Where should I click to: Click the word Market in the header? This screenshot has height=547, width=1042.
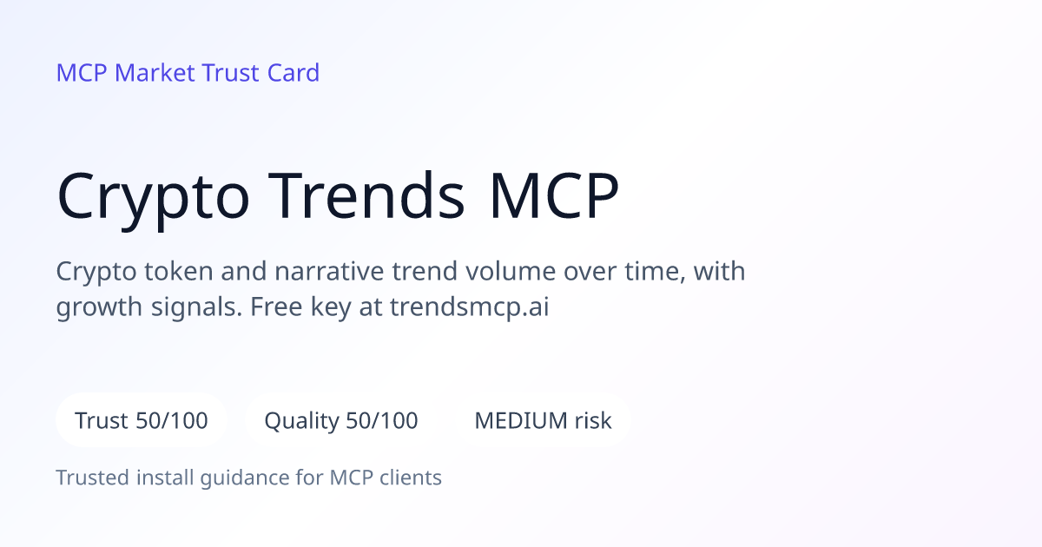pos(155,73)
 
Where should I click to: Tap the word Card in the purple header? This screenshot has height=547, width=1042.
pos(293,73)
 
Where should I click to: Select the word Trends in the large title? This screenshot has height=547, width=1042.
pos(366,195)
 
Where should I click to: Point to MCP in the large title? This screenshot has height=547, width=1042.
pos(554,195)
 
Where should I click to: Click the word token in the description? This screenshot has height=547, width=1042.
pos(179,271)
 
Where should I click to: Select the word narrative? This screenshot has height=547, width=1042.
pos(329,272)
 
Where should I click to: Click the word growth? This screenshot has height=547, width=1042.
pos(99,307)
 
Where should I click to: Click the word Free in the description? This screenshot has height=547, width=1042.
pos(276,307)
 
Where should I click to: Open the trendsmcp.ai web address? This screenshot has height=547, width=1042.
pos(470,307)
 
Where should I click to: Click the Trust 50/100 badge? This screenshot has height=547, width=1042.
pos(142,420)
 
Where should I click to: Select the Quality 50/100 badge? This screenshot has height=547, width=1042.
pos(341,420)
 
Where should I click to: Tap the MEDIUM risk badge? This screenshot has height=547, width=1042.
pos(543,420)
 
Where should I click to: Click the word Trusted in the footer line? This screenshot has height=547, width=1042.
pos(93,478)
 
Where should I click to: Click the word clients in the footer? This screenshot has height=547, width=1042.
pos(411,478)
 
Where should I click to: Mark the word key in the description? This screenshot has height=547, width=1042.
pos(331,308)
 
